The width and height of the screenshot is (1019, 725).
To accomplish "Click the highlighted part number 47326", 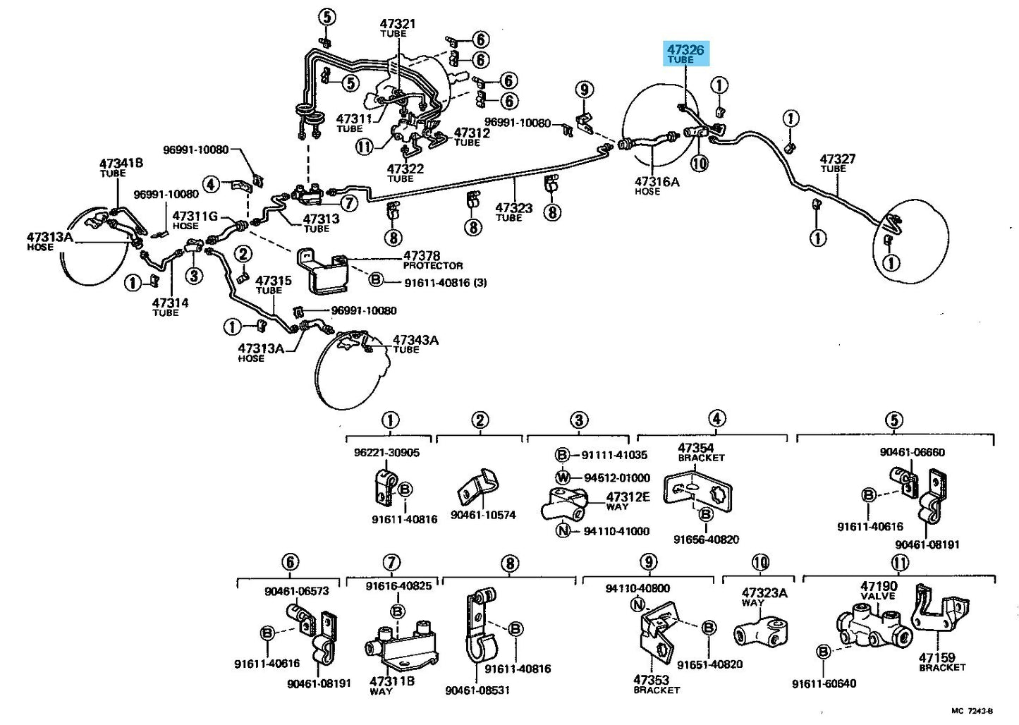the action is pos(685,49).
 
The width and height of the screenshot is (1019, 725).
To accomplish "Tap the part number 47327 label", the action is pos(838,159).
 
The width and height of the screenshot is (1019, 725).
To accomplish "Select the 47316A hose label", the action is pos(657,182).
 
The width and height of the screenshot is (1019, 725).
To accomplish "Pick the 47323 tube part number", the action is pos(513,208).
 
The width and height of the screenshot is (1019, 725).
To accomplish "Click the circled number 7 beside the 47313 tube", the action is pos(349,203).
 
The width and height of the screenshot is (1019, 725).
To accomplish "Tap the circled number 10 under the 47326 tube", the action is pos(700,164).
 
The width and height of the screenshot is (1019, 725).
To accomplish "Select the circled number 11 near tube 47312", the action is pos(365,147).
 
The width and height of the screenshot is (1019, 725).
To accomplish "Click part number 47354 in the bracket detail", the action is pos(696,448).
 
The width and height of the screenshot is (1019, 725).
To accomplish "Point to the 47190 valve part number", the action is pos(879,586).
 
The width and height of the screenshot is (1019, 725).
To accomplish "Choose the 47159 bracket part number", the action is pos(936,658).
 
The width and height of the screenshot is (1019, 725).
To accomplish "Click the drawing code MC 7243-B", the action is pos(972,710).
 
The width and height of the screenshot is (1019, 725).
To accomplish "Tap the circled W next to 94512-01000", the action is pos(563,477).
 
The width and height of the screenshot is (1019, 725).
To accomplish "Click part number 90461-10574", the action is pos(483,515).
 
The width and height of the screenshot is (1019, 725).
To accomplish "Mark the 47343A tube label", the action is pos(416,340).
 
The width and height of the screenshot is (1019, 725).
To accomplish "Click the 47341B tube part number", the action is pos(121,163).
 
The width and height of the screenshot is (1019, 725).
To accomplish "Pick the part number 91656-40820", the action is pos(707,540).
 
